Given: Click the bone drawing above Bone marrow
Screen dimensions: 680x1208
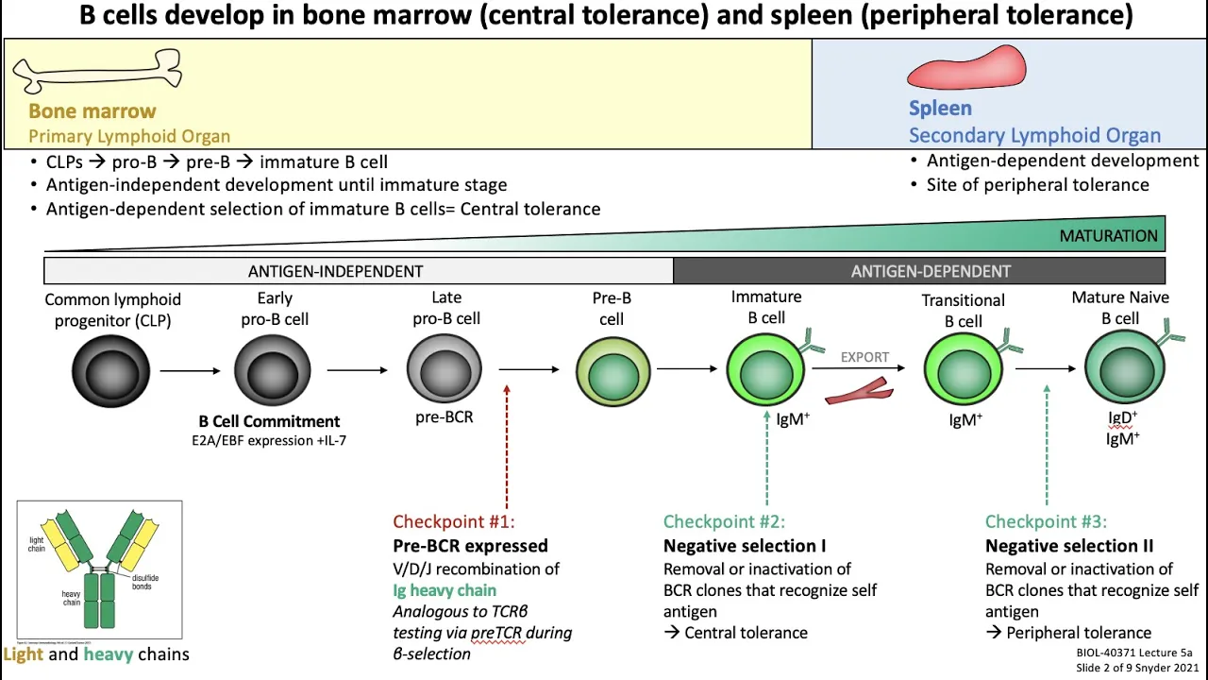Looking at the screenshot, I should [x=97, y=72].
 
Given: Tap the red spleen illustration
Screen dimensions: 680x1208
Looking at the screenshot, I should [x=965, y=68].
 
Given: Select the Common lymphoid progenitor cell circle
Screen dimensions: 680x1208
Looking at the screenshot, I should [x=110, y=371].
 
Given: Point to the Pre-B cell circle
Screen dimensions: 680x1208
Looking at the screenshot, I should [x=612, y=371].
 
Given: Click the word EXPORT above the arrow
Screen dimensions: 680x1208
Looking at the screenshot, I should [x=864, y=357].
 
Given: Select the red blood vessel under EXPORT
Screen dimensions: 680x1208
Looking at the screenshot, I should [x=859, y=390].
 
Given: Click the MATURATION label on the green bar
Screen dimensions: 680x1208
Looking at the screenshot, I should [x=1108, y=236].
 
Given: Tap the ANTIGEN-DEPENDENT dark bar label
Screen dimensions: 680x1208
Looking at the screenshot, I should [x=931, y=271].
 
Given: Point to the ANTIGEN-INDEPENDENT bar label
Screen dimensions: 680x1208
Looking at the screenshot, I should [x=335, y=271].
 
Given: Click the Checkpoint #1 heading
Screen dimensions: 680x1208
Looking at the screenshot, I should [x=454, y=521].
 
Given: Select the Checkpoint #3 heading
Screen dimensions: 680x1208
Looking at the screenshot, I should [x=1046, y=521].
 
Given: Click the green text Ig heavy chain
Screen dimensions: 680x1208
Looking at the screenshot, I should [x=445, y=590].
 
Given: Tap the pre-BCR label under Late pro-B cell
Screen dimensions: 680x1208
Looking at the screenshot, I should [x=444, y=416].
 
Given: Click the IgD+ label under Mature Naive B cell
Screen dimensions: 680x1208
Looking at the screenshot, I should [x=1123, y=416].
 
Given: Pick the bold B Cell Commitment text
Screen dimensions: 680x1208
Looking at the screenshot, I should [x=269, y=421].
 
